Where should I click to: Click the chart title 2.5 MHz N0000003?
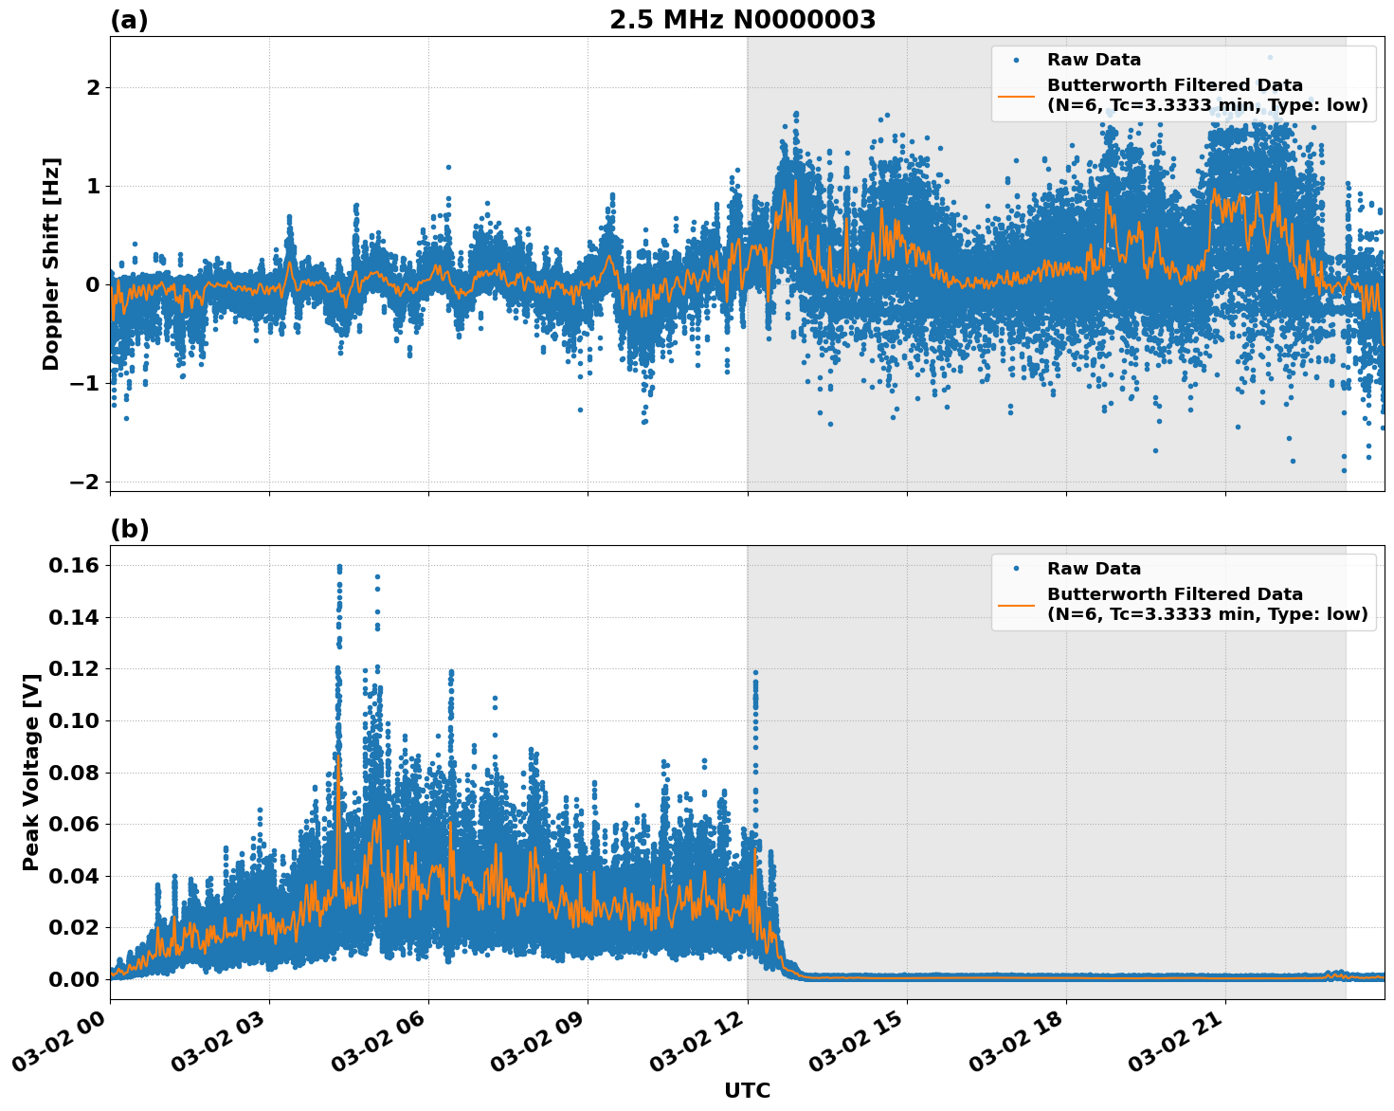tap(742, 20)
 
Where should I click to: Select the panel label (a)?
tap(129, 20)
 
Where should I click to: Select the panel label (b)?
tap(129, 529)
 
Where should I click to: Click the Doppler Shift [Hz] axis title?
tap(51, 264)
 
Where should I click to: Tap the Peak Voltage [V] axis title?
tap(31, 773)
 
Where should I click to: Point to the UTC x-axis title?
tap(747, 1090)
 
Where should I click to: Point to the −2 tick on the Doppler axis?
tap(84, 482)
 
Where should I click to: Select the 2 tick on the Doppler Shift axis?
tap(93, 87)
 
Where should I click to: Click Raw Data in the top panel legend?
tap(1094, 60)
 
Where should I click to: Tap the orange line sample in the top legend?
tap(1016, 96)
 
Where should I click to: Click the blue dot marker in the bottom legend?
tap(1016, 569)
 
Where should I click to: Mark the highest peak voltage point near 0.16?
tap(339, 567)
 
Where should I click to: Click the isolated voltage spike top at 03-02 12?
tap(755, 673)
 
